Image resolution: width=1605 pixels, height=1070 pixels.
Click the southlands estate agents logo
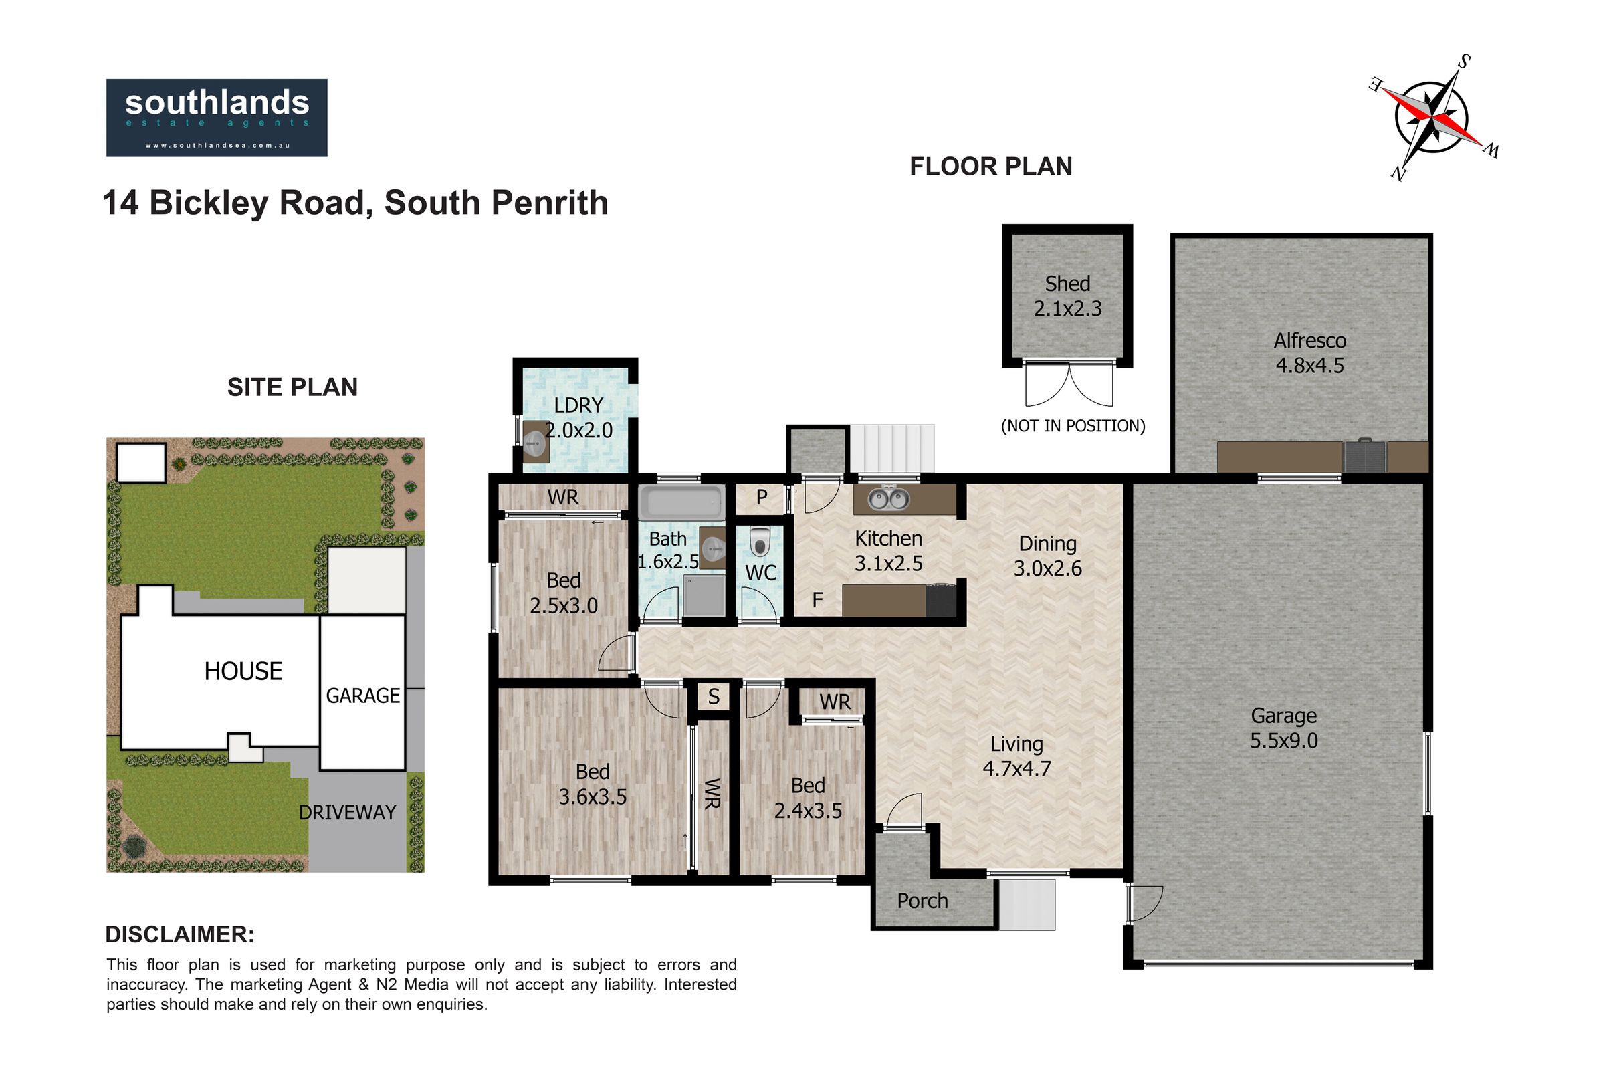pyautogui.click(x=216, y=118)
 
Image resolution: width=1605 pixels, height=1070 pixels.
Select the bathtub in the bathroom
pyautogui.click(x=682, y=502)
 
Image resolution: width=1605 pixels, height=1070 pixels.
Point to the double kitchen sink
pyautogui.click(x=888, y=500)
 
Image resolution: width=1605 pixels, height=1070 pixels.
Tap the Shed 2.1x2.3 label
pyautogui.click(x=1067, y=296)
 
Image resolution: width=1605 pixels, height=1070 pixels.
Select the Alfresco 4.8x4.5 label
pyautogui.click(x=1309, y=353)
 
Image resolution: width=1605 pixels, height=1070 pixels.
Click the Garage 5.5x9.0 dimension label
pyautogui.click(x=1283, y=728)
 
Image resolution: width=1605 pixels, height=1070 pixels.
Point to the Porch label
pyautogui.click(x=922, y=901)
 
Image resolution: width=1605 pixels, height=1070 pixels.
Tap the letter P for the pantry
pyautogui.click(x=762, y=498)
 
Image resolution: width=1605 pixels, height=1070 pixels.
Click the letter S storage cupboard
pyautogui.click(x=714, y=697)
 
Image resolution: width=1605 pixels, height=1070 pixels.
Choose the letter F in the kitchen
pyautogui.click(x=817, y=600)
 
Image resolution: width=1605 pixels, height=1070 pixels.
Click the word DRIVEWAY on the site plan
pyautogui.click(x=347, y=812)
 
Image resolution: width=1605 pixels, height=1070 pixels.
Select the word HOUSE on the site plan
pyautogui.click(x=243, y=671)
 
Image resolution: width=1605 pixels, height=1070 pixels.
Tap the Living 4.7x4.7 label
pyautogui.click(x=1016, y=757)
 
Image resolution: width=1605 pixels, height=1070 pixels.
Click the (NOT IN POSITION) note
pyautogui.click(x=1073, y=426)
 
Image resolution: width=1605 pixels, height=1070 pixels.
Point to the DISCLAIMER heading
pyautogui.click(x=180, y=934)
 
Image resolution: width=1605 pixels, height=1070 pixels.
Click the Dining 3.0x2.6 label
pyautogui.click(x=1047, y=556)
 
